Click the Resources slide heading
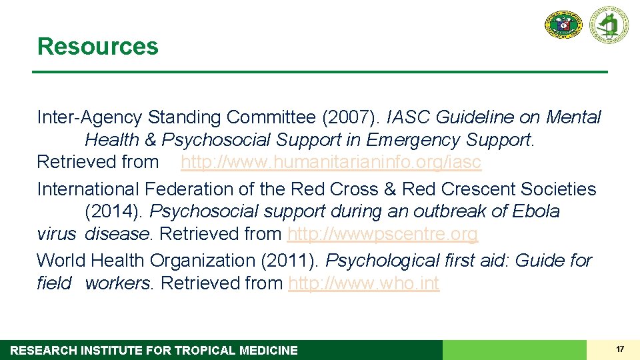tap(98, 47)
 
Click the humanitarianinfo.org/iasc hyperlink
tap(331, 162)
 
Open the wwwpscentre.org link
tap(382, 234)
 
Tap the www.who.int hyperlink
tap(363, 283)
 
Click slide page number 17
tap(620, 349)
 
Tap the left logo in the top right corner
tap(563, 25)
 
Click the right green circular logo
tap(608, 25)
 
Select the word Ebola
tap(536, 212)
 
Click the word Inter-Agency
tap(90, 118)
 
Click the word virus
tap(57, 234)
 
